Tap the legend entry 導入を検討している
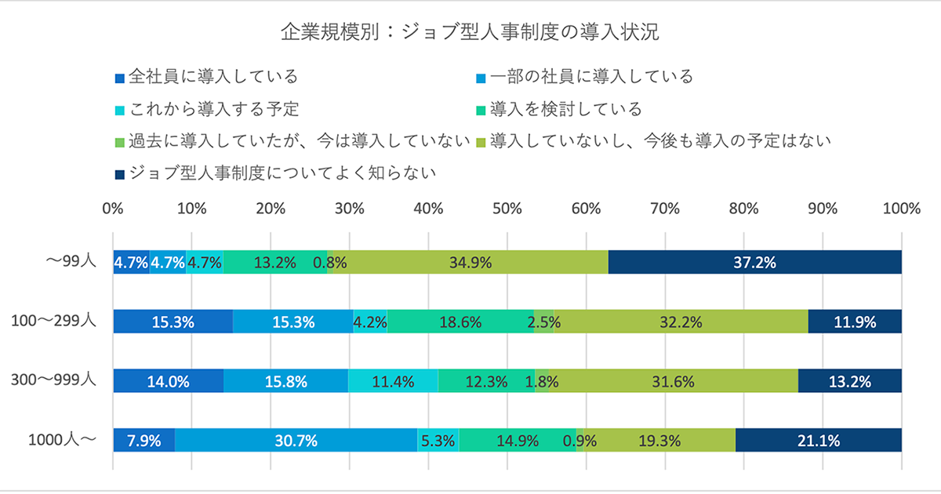click(565, 108)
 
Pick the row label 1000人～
click(62, 439)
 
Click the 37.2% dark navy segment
click(754, 263)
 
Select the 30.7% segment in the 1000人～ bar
click(296, 440)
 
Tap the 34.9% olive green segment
click(470, 263)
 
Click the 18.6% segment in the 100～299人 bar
click(460, 321)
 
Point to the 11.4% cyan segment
click(393, 381)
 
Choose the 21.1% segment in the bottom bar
click(818, 440)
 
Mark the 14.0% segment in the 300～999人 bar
click(169, 381)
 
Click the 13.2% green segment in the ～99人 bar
click(274, 263)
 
